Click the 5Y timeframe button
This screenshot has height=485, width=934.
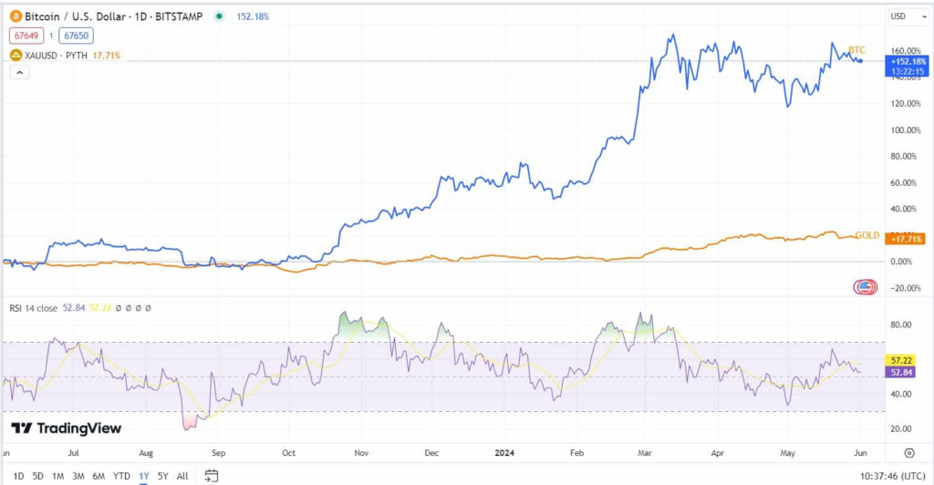click(162, 476)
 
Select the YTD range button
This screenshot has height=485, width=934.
click(121, 476)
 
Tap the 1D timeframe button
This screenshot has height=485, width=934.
click(19, 476)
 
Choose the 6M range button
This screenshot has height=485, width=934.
click(98, 476)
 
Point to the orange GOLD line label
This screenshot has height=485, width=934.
click(867, 235)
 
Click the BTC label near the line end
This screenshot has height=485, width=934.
click(856, 49)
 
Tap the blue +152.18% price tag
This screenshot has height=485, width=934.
click(908, 61)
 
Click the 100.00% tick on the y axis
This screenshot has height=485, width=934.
click(905, 130)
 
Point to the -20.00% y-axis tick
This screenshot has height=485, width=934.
click(905, 288)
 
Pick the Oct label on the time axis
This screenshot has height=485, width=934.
click(289, 452)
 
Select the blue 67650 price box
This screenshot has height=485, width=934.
click(76, 36)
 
